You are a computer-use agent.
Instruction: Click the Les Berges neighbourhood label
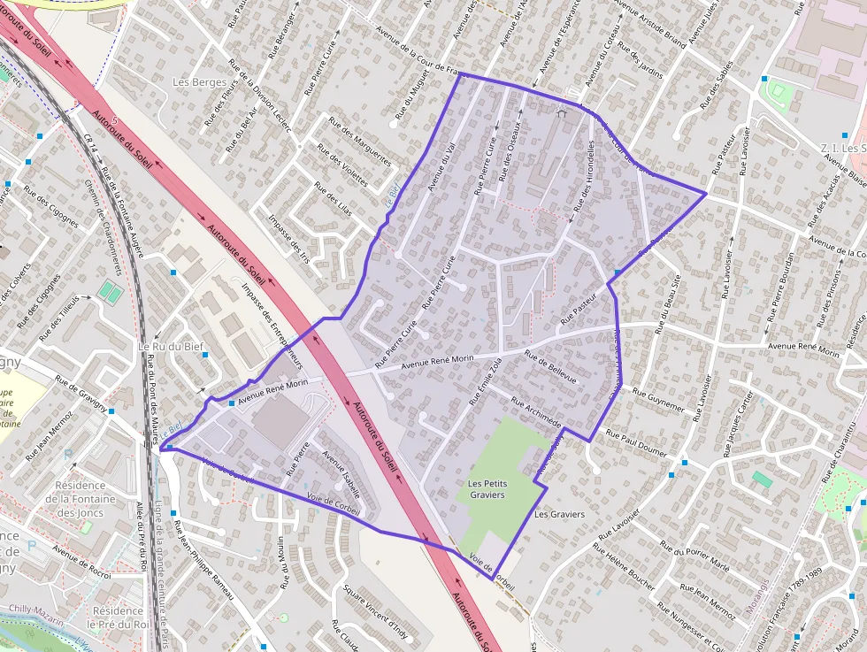coord(196,82)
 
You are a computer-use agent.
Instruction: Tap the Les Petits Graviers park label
coord(487,489)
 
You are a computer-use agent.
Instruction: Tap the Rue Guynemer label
coord(658,400)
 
